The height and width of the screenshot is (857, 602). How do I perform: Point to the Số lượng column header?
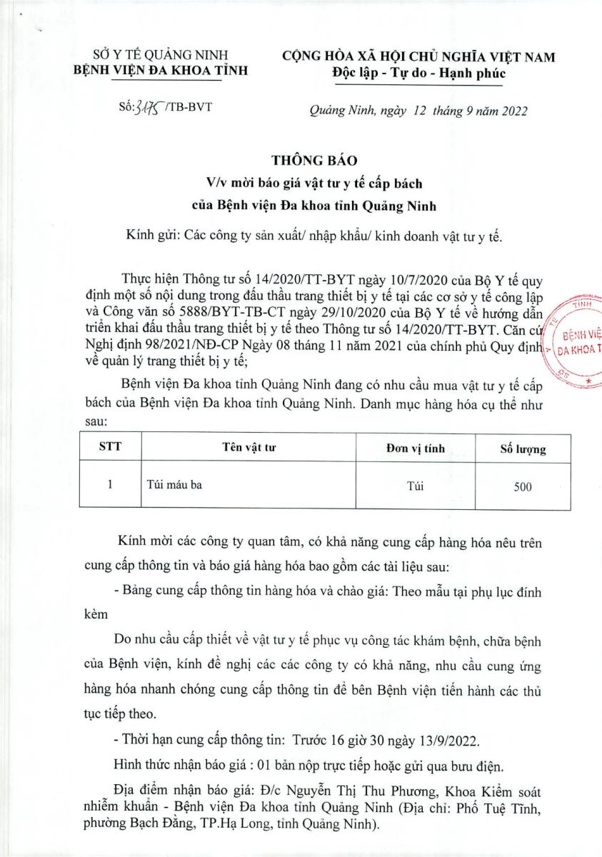pyautogui.click(x=523, y=449)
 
